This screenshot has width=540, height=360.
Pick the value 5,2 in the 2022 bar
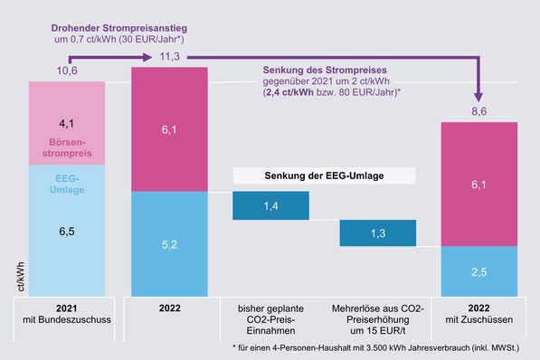[x=169, y=243]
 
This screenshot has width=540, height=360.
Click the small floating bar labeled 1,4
[x=270, y=207]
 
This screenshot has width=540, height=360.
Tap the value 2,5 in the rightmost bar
[x=478, y=272]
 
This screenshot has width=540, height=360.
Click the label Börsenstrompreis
[x=68, y=147]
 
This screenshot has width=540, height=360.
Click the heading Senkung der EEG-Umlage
[x=323, y=175]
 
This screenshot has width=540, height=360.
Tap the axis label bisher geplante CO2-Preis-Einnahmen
[x=270, y=318]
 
